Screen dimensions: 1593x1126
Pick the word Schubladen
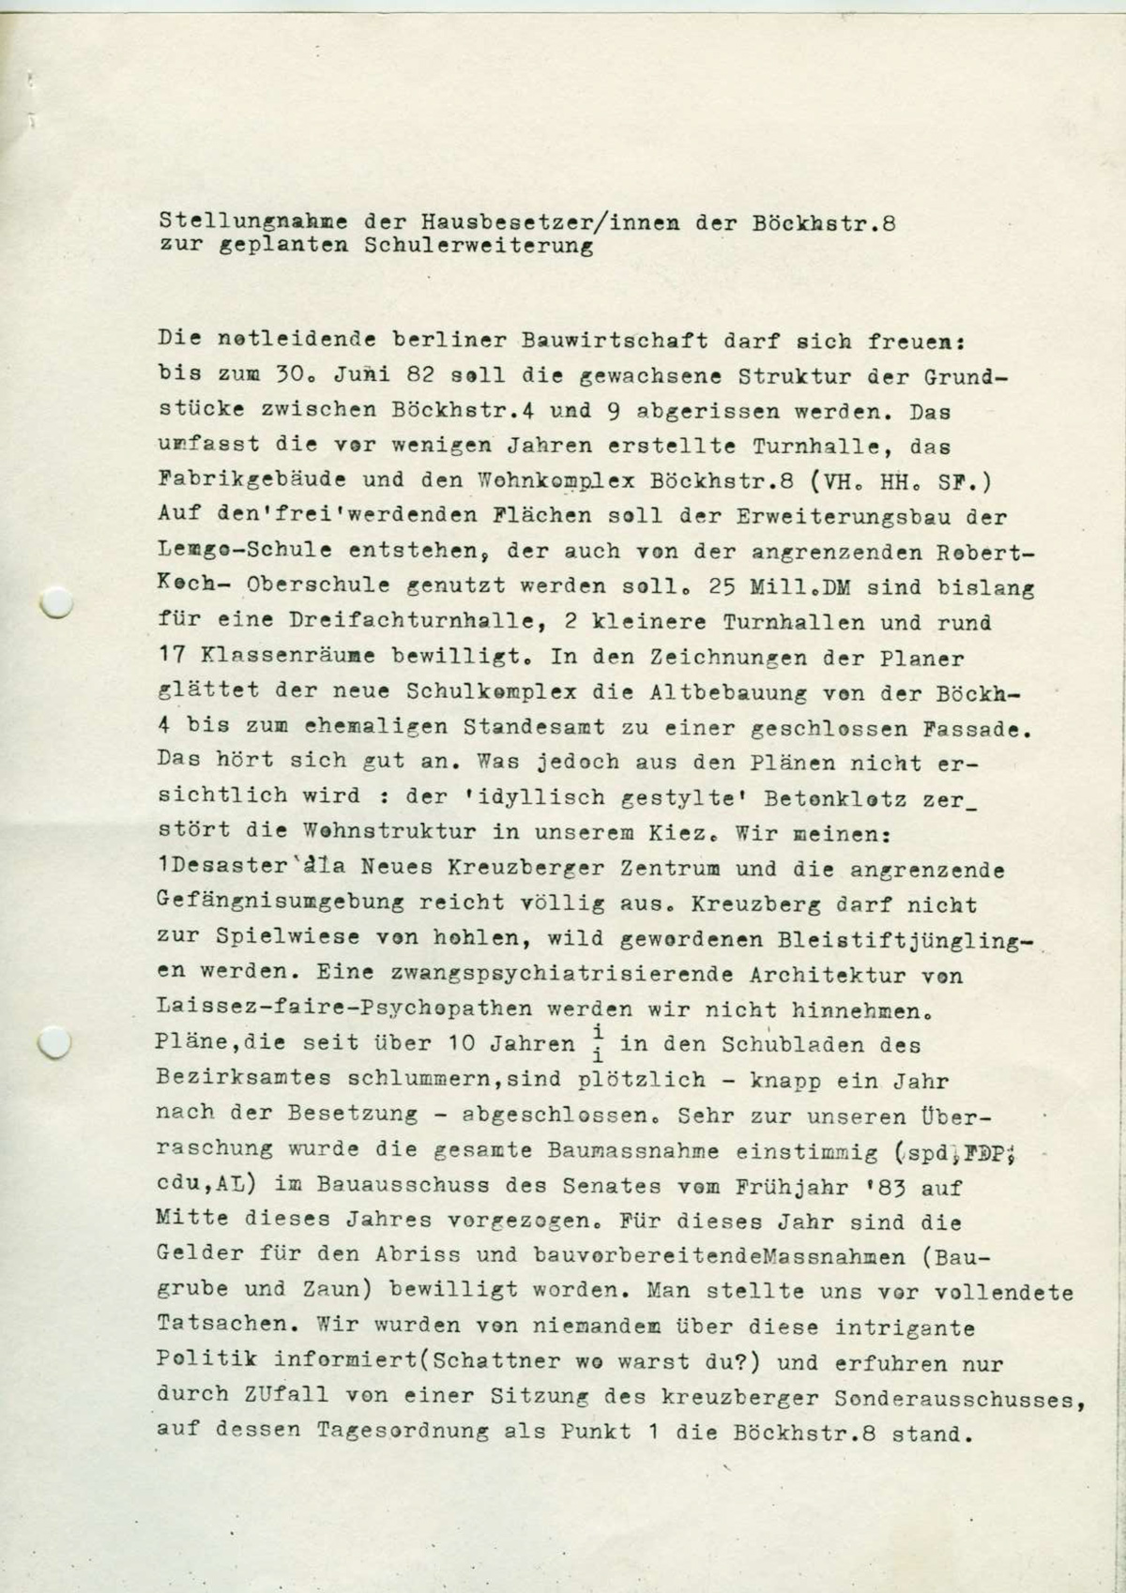[793, 1044]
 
